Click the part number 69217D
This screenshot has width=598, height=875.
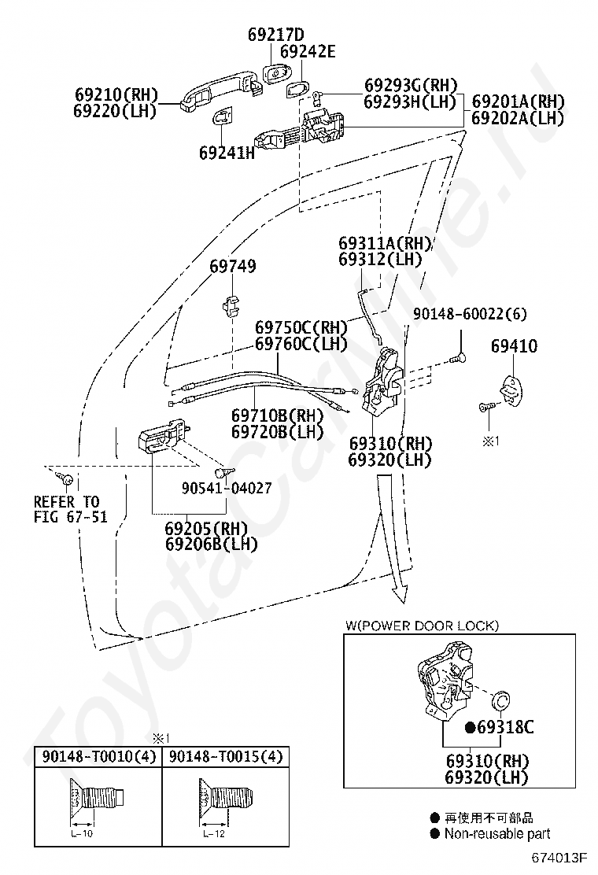(275, 35)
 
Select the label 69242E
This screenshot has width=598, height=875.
(308, 52)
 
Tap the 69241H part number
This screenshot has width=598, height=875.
(227, 153)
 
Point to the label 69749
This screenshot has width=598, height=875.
(233, 266)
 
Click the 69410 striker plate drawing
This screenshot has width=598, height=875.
(513, 387)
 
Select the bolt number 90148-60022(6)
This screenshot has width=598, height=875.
(470, 314)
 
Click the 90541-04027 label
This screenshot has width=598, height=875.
(227, 488)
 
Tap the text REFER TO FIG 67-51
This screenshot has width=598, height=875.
(70, 509)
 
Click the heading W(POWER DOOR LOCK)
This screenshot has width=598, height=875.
(423, 626)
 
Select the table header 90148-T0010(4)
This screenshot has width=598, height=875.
(99, 757)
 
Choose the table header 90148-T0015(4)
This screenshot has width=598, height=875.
(226, 757)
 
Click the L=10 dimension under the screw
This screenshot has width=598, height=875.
(83, 834)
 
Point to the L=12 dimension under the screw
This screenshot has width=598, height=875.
(214, 834)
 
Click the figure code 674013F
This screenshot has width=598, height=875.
(559, 857)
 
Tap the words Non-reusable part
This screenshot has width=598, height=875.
(497, 834)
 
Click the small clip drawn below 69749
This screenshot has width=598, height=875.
(230, 305)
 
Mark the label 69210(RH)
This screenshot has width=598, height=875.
(116, 94)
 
